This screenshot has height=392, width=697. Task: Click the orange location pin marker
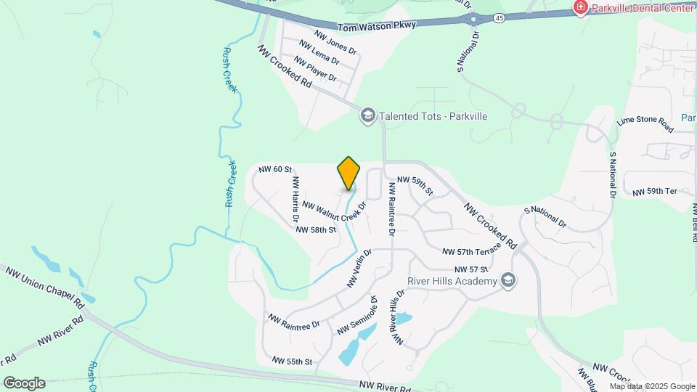pyautogui.click(x=348, y=173)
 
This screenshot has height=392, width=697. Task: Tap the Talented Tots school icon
pyautogui.click(x=367, y=115)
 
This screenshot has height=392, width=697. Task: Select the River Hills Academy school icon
pyautogui.click(x=508, y=281)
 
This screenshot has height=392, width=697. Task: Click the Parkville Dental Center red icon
pyautogui.click(x=580, y=8)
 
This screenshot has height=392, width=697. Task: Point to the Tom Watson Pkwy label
pyautogui.click(x=388, y=25)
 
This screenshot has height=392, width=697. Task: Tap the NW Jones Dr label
pyautogui.click(x=335, y=41)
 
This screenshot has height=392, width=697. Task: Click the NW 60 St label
pyautogui.click(x=275, y=168)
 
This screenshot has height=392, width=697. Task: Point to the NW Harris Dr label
pyautogui.click(x=295, y=198)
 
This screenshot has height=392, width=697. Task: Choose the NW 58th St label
pyautogui.click(x=316, y=229)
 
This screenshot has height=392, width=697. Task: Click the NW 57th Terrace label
pyautogui.click(x=472, y=250)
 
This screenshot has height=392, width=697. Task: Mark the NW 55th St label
pyautogui.click(x=292, y=361)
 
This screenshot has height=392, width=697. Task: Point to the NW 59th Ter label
pyautogui.click(x=654, y=192)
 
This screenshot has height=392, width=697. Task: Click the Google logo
pyautogui.click(x=24, y=383)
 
